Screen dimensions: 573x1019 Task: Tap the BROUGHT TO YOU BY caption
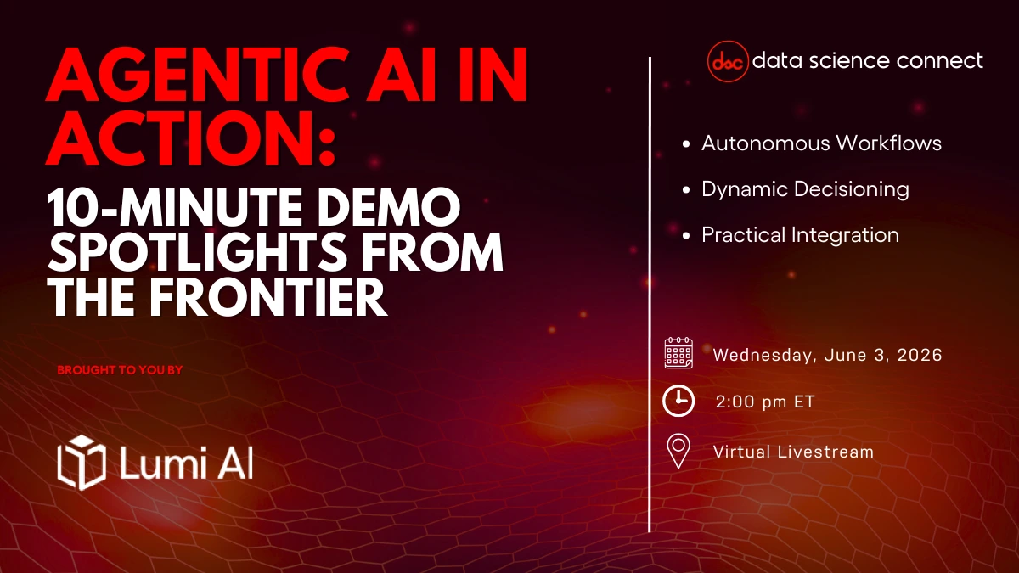[120, 370]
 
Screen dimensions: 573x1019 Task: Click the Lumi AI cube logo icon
[81, 460]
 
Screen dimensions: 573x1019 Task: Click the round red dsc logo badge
[727, 61]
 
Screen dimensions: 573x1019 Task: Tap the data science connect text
[868, 60]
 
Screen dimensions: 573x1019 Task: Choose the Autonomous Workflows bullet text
[821, 143]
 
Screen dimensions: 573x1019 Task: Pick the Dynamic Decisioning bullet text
[805, 188]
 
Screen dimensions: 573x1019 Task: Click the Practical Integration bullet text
[800, 234]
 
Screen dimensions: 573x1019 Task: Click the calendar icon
[678, 352]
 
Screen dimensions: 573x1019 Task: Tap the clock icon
[678, 401]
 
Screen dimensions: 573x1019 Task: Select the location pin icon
[678, 451]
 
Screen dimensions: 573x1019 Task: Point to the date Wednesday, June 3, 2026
[827, 355]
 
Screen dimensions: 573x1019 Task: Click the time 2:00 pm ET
[764, 402]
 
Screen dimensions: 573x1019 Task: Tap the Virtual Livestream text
[793, 452]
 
